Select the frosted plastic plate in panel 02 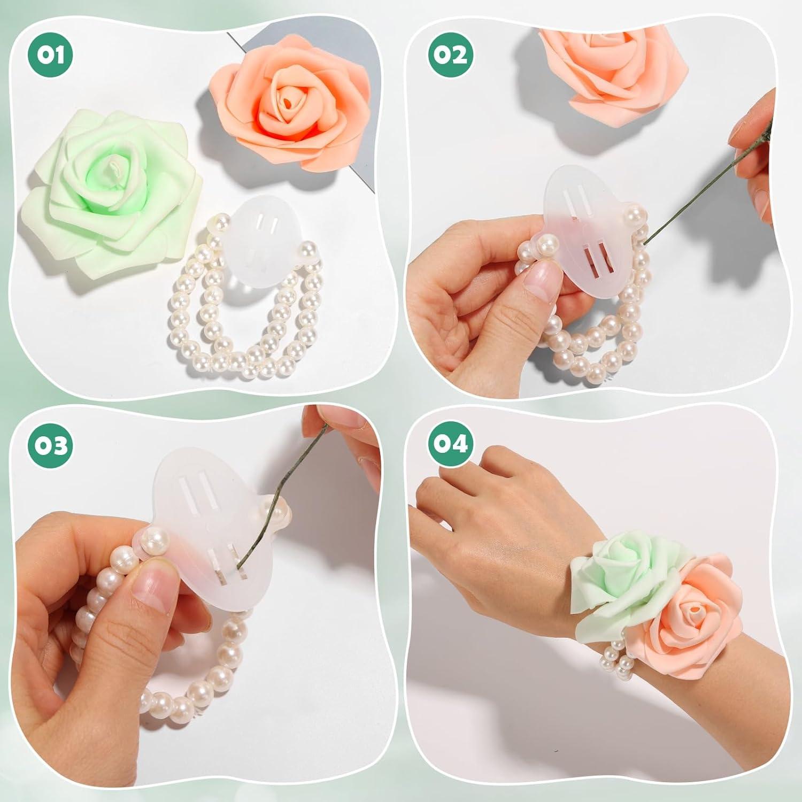[583, 230]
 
